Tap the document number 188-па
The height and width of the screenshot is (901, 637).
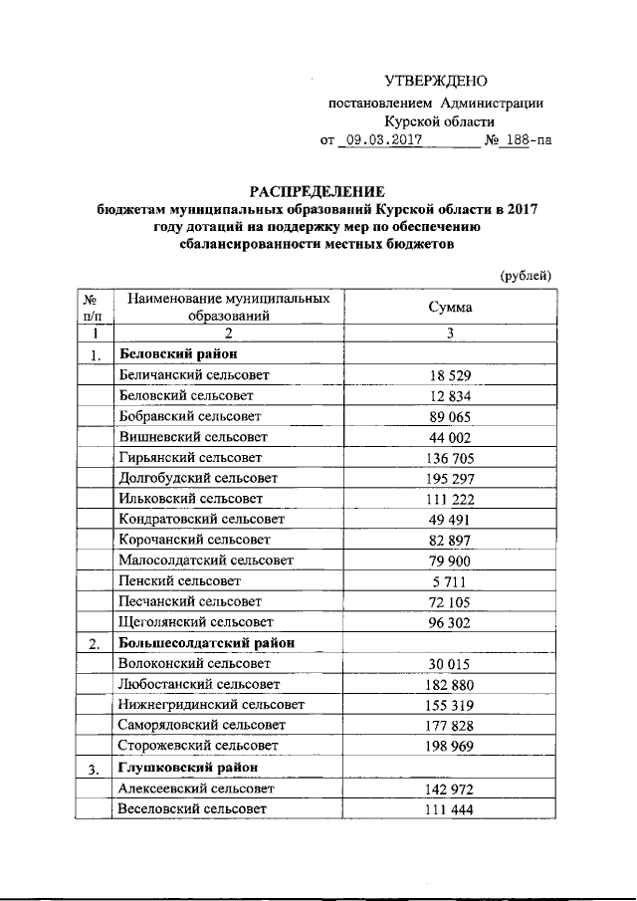[524, 140]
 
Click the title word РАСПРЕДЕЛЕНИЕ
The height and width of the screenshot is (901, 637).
[317, 191]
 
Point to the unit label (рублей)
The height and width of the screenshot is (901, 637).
[525, 275]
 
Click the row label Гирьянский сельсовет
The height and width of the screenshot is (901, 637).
[189, 458]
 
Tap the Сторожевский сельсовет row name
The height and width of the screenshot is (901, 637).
[196, 745]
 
